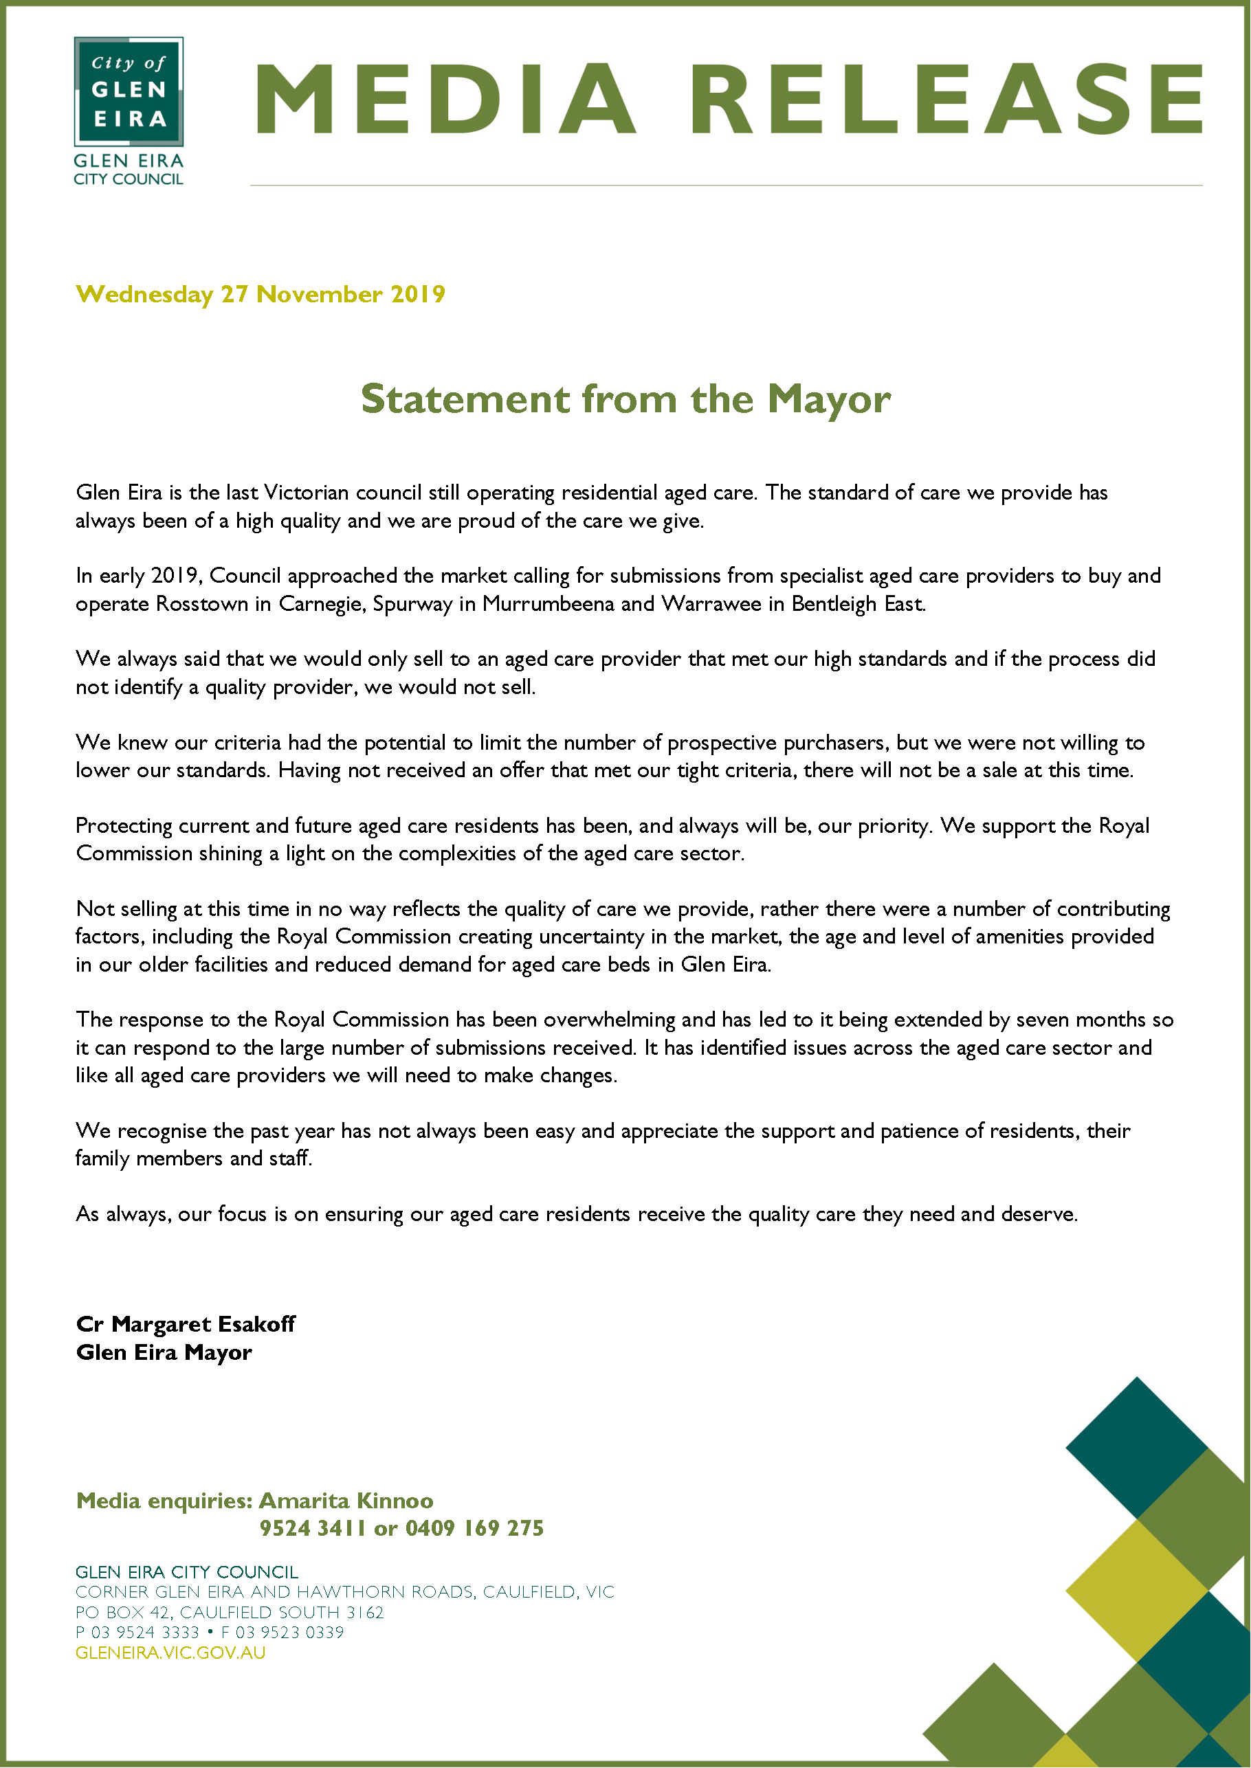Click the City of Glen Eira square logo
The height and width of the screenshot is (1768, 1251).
pos(129,91)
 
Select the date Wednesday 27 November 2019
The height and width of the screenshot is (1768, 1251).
pos(261,294)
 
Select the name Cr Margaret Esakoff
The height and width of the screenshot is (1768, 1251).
pos(186,1323)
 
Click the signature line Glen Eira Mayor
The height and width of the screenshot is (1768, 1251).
pos(164,1352)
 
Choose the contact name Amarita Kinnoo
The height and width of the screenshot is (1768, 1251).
pos(346,1501)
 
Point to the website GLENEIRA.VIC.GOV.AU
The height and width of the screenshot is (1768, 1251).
pos(170,1653)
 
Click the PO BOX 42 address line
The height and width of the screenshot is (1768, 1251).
pos(229,1613)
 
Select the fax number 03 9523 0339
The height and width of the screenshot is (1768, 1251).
pos(289,1633)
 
